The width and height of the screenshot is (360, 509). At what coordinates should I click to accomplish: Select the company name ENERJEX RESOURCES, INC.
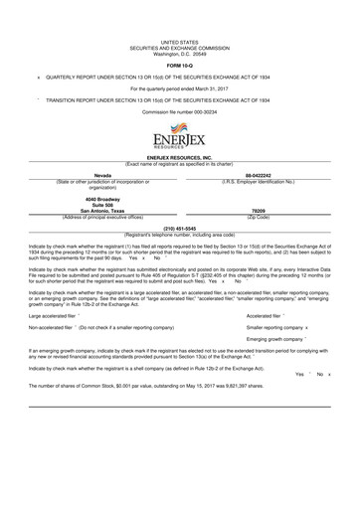(x=179, y=158)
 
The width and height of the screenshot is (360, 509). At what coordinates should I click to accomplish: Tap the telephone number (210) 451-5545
(x=179, y=226)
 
